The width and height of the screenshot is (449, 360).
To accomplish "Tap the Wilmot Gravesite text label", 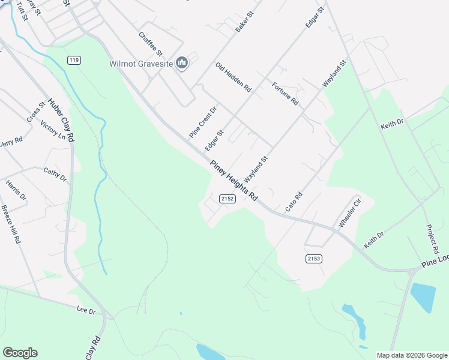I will [141, 63].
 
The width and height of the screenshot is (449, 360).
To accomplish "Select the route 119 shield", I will [74, 60].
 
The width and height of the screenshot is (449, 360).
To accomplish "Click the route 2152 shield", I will [227, 198].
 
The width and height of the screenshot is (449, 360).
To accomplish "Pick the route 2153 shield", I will [314, 258].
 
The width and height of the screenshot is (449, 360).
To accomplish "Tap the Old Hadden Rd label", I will [234, 77].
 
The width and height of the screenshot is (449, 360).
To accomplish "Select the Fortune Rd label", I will [285, 94].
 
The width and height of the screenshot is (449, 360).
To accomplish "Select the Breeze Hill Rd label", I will [11, 224].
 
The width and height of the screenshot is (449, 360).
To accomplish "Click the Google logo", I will [20, 353].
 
